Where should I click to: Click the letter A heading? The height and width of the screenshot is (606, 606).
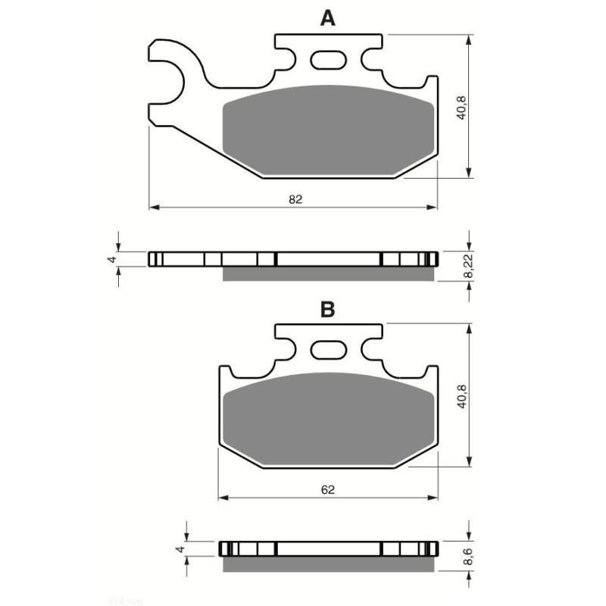(327, 19)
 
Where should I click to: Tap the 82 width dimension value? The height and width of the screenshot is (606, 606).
(295, 199)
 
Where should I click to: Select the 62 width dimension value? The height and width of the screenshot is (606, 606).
(327, 489)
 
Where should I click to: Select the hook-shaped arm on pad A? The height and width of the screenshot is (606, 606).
(170, 76)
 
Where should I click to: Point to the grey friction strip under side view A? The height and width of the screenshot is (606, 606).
(329, 273)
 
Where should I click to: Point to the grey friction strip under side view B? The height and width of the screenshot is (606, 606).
(329, 564)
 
